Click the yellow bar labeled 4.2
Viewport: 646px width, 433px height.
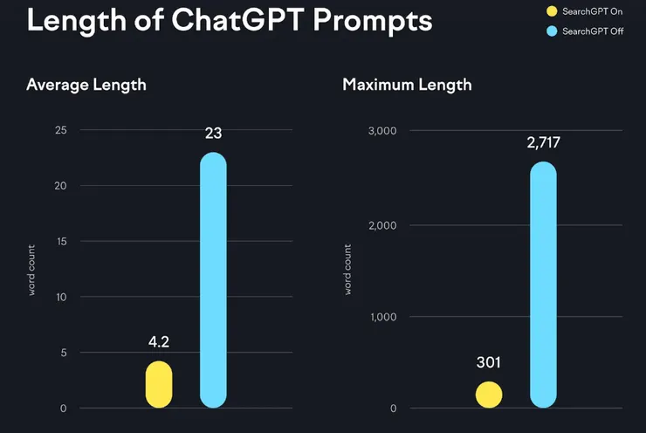(x=159, y=384)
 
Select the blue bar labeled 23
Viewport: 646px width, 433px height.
(x=213, y=279)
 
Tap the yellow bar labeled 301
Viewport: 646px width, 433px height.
(x=489, y=395)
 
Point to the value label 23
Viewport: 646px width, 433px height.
(x=213, y=134)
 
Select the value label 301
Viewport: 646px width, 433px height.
(x=489, y=361)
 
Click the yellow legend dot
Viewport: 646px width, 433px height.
(x=550, y=12)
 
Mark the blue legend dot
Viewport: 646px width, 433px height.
(x=550, y=32)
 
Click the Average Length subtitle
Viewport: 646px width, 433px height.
(x=86, y=85)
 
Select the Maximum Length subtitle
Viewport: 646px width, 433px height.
(x=407, y=85)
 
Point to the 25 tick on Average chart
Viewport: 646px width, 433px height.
(x=61, y=130)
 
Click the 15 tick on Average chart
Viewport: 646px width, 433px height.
(x=61, y=242)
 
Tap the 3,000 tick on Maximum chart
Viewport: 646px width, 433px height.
(x=382, y=131)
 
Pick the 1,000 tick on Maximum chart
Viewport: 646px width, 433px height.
(x=382, y=317)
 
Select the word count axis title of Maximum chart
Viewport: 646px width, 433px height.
(x=347, y=268)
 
